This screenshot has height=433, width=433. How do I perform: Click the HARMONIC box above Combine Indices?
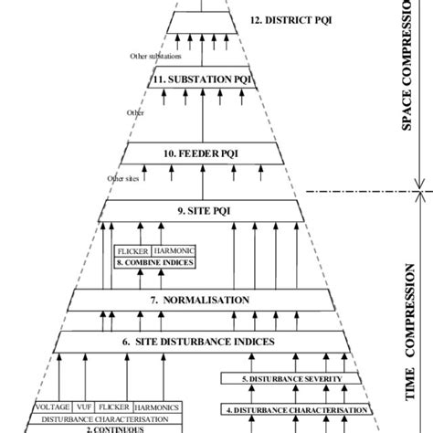click(x=174, y=249)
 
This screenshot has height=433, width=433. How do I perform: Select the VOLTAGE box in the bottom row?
click(x=52, y=407)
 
